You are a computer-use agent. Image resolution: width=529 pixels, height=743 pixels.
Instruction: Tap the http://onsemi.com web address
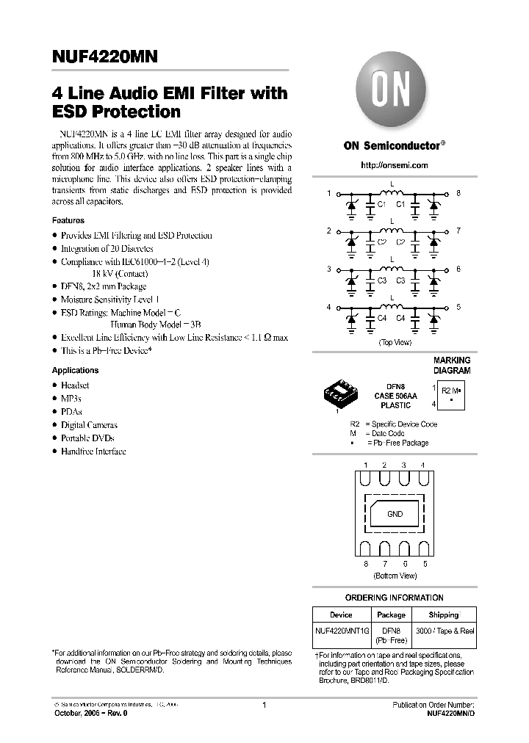tap(395, 165)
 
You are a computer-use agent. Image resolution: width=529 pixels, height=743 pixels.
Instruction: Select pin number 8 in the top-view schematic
tap(458, 193)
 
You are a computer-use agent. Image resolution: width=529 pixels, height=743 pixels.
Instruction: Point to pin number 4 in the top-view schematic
tap(329, 307)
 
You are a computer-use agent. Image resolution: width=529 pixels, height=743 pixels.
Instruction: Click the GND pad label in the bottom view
tap(395, 514)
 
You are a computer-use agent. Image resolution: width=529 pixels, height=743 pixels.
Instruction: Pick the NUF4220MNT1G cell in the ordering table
tap(341, 631)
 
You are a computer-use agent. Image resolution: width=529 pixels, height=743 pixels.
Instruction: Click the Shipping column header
tap(443, 615)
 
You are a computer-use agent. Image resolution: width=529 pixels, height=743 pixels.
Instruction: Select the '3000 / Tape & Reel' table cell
tap(445, 631)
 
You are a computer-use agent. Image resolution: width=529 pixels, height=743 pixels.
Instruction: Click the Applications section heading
tap(75, 370)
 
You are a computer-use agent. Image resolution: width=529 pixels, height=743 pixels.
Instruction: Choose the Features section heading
tap(68, 220)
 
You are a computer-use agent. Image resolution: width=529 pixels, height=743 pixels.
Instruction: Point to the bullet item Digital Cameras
tap(89, 425)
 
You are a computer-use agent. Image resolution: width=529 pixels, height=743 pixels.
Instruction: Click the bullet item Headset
tap(75, 385)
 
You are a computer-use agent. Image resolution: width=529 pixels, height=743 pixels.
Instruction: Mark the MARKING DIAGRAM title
tap(451, 366)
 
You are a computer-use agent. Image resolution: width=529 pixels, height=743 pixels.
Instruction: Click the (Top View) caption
tap(395, 342)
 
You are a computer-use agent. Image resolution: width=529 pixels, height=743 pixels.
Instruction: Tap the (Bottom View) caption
tap(395, 576)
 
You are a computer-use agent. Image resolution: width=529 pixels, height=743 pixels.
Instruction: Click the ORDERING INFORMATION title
tap(395, 598)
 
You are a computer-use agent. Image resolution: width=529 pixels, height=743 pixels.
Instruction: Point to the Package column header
tap(391, 615)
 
